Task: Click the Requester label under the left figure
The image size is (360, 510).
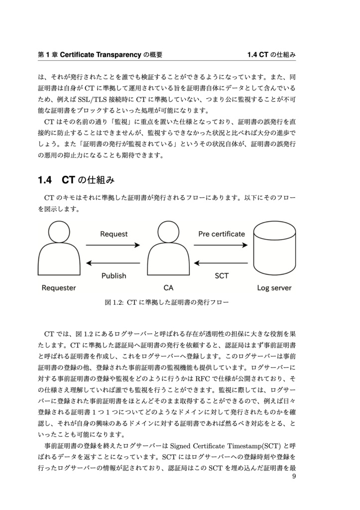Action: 59,287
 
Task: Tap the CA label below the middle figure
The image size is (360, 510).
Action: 168,287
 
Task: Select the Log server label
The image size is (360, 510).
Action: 274,287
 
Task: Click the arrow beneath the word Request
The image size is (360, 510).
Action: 113,245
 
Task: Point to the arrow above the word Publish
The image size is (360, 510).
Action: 113,263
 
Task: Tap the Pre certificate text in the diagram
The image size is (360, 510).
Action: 222,234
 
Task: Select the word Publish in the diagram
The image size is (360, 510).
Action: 114,275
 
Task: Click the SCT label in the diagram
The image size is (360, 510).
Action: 222,275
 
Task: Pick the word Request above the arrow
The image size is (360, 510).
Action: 114,234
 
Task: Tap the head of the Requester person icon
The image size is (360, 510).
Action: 59,233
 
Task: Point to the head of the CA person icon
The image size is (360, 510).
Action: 168,233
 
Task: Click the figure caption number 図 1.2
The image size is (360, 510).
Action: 115,302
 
